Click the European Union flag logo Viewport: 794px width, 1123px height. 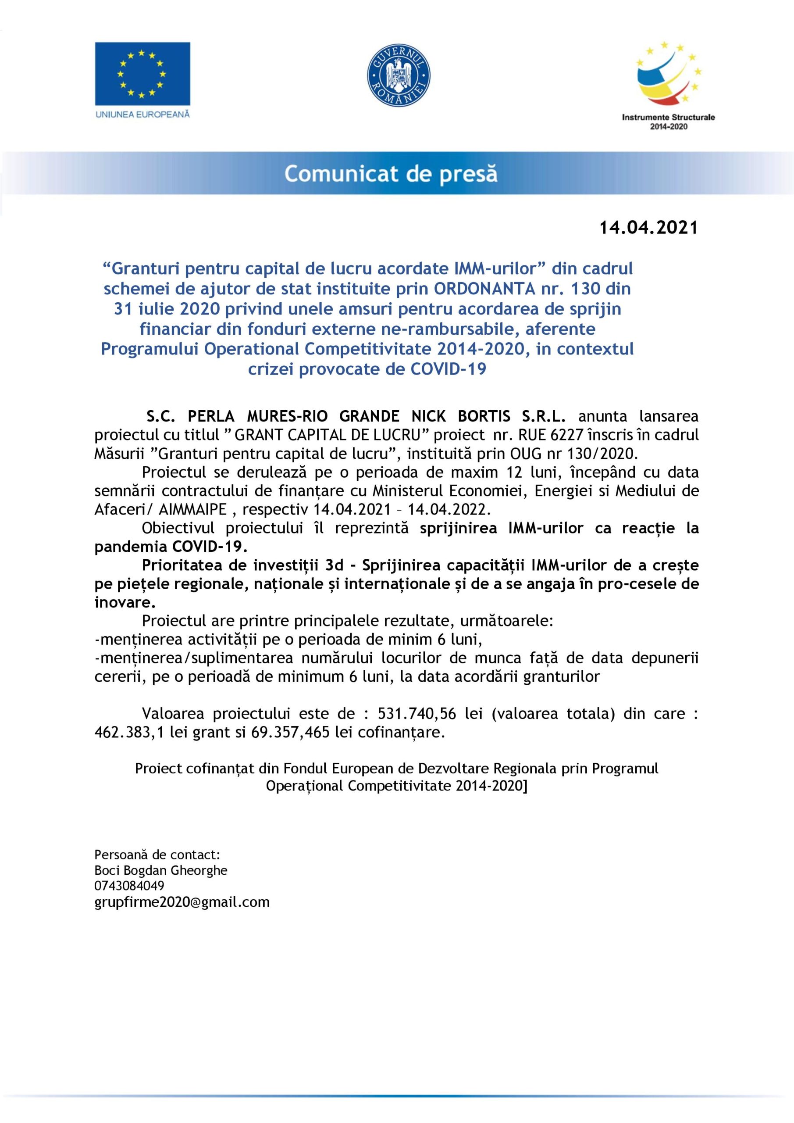pyautogui.click(x=142, y=73)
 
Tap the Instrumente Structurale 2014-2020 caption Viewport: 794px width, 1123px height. pyautogui.click(x=668, y=122)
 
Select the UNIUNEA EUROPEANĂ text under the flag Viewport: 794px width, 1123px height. pyautogui.click(x=143, y=114)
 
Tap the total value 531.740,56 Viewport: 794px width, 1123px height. pyautogui.click(x=417, y=714)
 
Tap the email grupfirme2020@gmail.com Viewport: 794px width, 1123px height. pyautogui.click(x=182, y=902)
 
